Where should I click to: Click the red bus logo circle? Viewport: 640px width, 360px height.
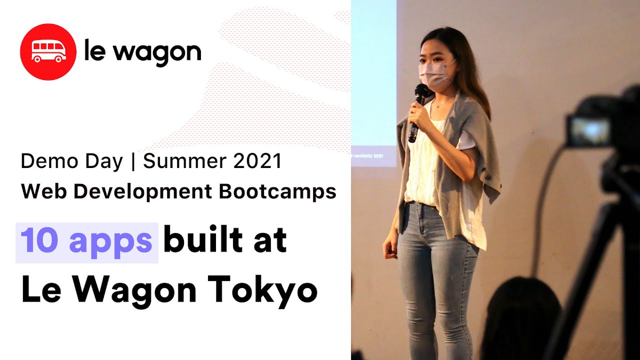48,51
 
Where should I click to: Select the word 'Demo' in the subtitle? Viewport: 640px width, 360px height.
49,161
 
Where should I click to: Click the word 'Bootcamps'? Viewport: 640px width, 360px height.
277,191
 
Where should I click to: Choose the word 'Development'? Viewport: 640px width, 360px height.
143,191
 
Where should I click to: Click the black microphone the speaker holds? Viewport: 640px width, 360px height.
418,112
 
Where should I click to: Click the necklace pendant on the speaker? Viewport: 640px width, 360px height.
437,106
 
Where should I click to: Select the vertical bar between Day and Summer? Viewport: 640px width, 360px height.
133,161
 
